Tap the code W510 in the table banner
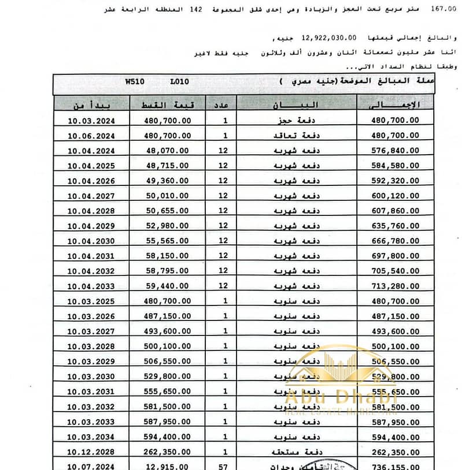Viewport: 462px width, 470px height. pos(135,83)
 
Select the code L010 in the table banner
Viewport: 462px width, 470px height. pos(179,83)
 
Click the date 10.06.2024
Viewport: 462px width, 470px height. pos(90,136)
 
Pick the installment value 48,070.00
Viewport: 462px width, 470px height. pos(168,151)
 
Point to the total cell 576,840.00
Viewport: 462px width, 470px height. pos(396,151)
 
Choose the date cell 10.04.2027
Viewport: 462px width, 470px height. pos(90,196)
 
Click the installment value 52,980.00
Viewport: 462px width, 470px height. pos(168,226)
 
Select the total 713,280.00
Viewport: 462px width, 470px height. pos(396,286)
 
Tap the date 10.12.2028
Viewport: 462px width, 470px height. pos(90,451)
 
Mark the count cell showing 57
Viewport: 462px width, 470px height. pos(225,465)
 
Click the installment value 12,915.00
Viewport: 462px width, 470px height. pos(168,465)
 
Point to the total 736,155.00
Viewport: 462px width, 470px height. pos(396,465)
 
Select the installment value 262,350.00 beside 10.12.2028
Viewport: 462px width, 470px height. pos(168,451)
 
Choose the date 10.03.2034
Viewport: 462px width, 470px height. pos(90,436)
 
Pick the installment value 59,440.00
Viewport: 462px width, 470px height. pos(168,286)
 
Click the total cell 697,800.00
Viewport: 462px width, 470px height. pos(396,256)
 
